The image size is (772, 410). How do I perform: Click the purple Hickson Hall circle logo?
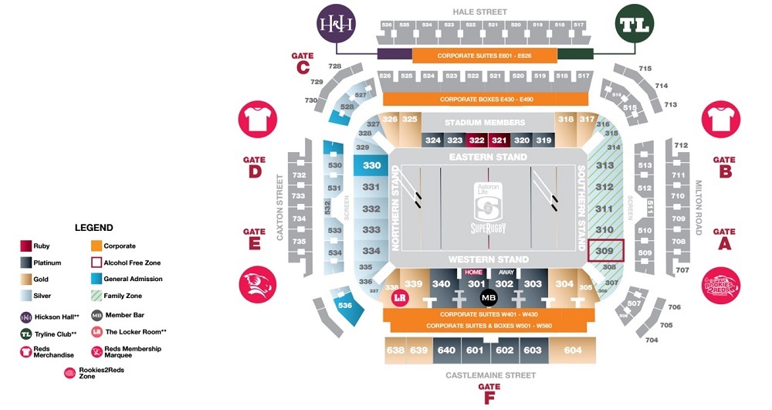point(337,23)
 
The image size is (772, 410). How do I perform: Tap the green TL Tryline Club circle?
point(634,23)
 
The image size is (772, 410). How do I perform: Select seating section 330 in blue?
point(372,165)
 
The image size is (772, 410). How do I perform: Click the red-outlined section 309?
point(604,251)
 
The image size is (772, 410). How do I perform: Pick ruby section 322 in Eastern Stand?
point(476,140)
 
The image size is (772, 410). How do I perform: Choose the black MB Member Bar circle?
point(489,296)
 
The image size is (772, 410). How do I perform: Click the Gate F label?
point(489,393)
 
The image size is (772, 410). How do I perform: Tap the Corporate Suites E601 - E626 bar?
point(484,56)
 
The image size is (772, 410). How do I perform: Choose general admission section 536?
point(344,305)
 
